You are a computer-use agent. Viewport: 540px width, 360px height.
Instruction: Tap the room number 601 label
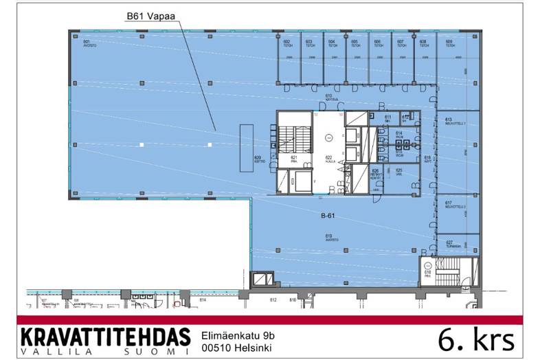pyautogui.click(x=87, y=43)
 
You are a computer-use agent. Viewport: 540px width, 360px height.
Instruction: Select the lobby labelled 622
pyautogui.click(x=328, y=159)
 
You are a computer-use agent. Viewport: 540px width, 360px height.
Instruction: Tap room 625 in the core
pyautogui.click(x=398, y=172)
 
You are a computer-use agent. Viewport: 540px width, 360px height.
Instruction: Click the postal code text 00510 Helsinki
pyautogui.click(x=237, y=348)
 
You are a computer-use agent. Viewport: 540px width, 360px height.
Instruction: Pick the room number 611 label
pyautogui.click(x=387, y=117)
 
